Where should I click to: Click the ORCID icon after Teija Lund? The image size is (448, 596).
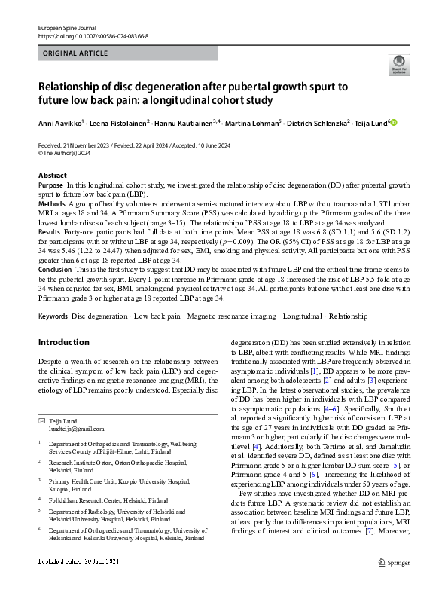(x=392, y=123)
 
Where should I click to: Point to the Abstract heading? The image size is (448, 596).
(x=52, y=176)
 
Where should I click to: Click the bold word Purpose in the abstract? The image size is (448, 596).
(x=50, y=185)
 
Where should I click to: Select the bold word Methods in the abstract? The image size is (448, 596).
(x=51, y=203)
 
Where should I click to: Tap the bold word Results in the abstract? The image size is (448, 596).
(x=50, y=232)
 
